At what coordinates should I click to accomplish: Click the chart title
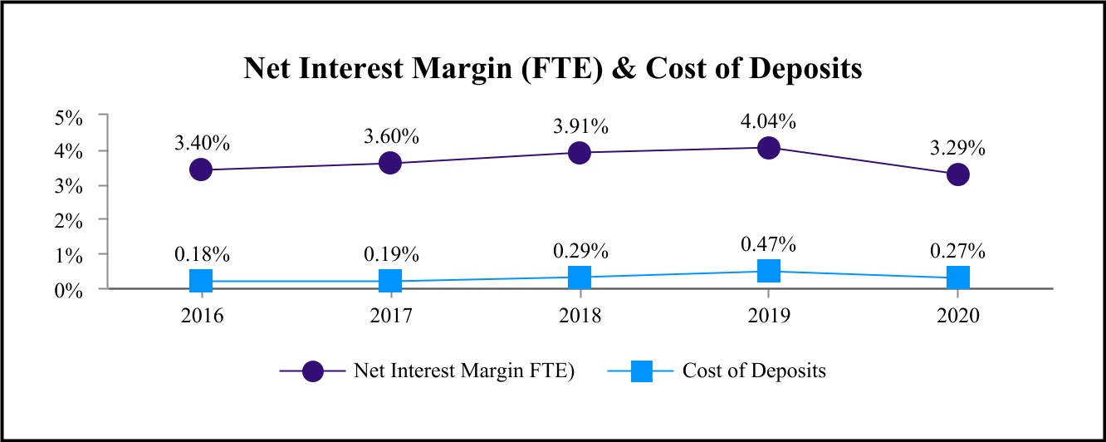point(552,68)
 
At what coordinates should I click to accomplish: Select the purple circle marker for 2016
point(201,169)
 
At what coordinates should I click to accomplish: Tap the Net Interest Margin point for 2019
point(769,148)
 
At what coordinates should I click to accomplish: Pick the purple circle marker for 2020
point(958,174)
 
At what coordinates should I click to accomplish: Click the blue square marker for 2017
point(390,281)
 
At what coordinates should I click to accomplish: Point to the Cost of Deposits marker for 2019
point(769,271)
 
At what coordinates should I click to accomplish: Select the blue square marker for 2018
point(580,277)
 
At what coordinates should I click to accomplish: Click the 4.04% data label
point(769,121)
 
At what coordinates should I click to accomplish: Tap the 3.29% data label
point(958,149)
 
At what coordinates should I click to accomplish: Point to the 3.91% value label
point(580,127)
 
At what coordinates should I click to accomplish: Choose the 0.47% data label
point(769,244)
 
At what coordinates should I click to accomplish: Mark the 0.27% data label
point(958,251)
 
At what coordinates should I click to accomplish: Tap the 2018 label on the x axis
point(580,317)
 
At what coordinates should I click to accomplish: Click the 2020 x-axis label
point(958,317)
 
